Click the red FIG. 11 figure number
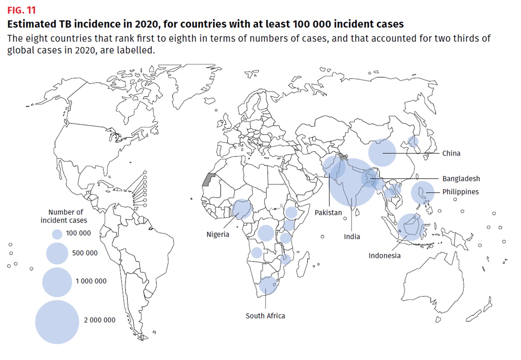[21, 10]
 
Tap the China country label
[451, 153]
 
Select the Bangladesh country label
[461, 179]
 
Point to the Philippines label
[460, 192]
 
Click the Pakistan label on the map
[328, 213]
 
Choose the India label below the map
[352, 237]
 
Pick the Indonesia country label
[384, 256]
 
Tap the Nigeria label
[218, 234]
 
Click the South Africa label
[265, 316]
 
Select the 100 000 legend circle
[57, 234]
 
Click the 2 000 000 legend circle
[57, 322]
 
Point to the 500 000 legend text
[85, 253]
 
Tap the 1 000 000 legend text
[91, 281]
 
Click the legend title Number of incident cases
[64, 216]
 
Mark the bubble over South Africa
[268, 285]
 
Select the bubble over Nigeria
[242, 209]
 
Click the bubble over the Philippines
[422, 193]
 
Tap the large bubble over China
[382, 153]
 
